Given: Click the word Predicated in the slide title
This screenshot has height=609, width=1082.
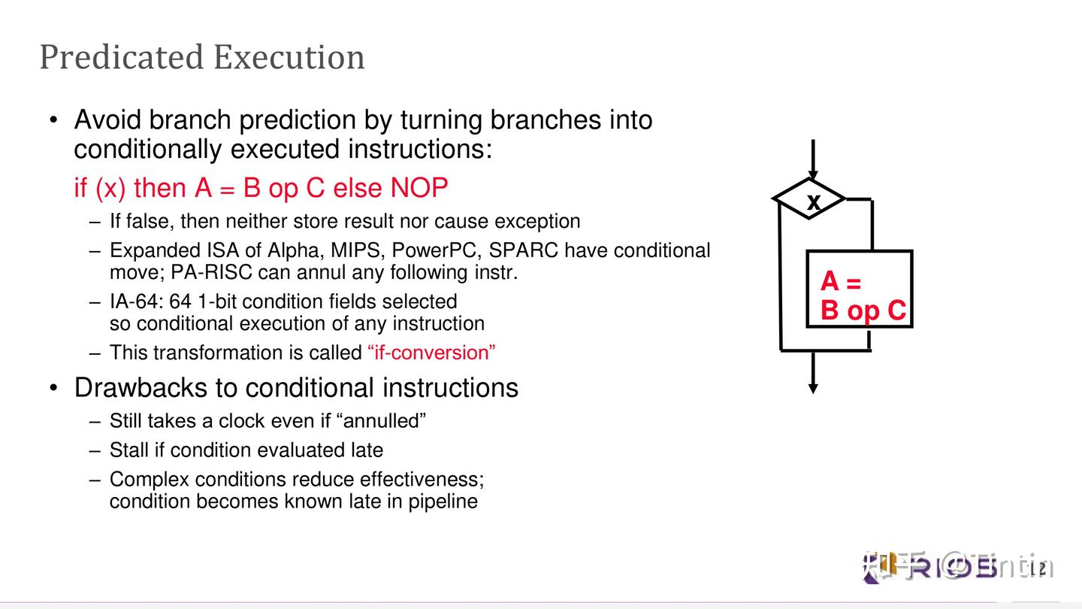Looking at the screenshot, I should pyautogui.click(x=120, y=57).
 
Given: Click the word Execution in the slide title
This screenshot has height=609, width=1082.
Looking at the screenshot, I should pyautogui.click(x=289, y=57).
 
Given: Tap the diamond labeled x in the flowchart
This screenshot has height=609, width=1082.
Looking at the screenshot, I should pyautogui.click(x=810, y=200).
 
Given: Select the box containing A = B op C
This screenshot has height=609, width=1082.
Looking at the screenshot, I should pyautogui.click(x=859, y=289).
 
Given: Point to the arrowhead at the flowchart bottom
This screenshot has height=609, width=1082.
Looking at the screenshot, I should pyautogui.click(x=813, y=387).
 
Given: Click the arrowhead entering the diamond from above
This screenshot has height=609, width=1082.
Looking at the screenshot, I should pyautogui.click(x=813, y=174).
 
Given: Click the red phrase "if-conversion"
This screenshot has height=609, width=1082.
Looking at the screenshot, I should pyautogui.click(x=432, y=353).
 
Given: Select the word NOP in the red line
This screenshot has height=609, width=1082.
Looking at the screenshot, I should pyautogui.click(x=419, y=188).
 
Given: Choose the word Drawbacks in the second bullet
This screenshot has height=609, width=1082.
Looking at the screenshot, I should pyautogui.click(x=144, y=388).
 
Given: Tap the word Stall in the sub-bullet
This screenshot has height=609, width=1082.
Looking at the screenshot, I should pyautogui.click(x=128, y=450).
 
